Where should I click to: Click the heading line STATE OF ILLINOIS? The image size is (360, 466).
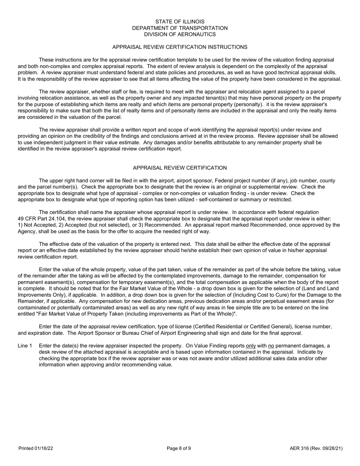180,22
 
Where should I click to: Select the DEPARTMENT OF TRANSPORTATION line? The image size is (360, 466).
180,28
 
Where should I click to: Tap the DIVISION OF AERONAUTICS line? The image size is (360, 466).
180,34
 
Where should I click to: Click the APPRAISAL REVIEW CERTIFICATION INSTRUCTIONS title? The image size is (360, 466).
180,47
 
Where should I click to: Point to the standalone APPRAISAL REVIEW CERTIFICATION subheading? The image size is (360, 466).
180,168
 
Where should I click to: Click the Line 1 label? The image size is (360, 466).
25,346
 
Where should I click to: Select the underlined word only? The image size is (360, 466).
251,346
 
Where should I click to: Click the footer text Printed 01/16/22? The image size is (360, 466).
36,449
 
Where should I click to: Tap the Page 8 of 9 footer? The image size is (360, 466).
179,449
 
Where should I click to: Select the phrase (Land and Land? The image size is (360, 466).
319,289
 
